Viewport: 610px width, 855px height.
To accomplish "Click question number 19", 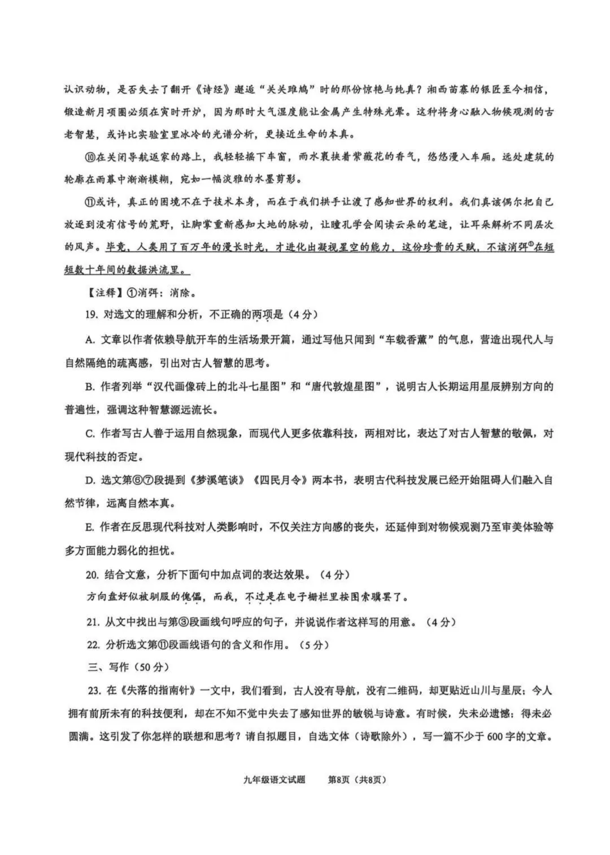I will (91, 315).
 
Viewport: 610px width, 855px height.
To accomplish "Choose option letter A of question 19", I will (89, 340).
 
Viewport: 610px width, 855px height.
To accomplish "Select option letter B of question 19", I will (89, 387).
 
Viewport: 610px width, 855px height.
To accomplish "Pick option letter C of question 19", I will (89, 433).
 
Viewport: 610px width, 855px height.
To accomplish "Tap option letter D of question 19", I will (89, 480).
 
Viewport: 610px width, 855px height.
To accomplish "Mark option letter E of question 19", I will (89, 527).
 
